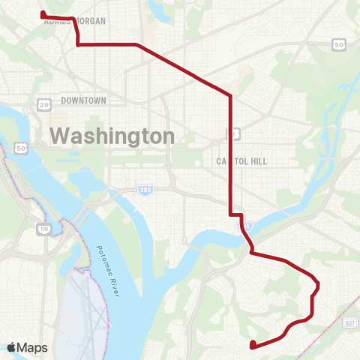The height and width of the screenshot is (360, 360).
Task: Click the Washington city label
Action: pos(112,136)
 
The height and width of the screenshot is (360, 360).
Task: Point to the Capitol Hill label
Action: pos(241,160)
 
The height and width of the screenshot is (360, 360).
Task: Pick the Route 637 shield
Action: pos(350,322)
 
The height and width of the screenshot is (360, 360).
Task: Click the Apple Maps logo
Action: pos(27,347)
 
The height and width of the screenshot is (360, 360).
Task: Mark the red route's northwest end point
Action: pos(42,13)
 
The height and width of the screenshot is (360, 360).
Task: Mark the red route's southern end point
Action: pos(253,345)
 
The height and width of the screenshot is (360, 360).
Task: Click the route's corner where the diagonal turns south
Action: pos(230,96)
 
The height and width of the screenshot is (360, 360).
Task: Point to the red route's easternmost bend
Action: pos(319,284)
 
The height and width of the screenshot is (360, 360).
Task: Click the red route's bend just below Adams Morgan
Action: pos(78,44)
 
